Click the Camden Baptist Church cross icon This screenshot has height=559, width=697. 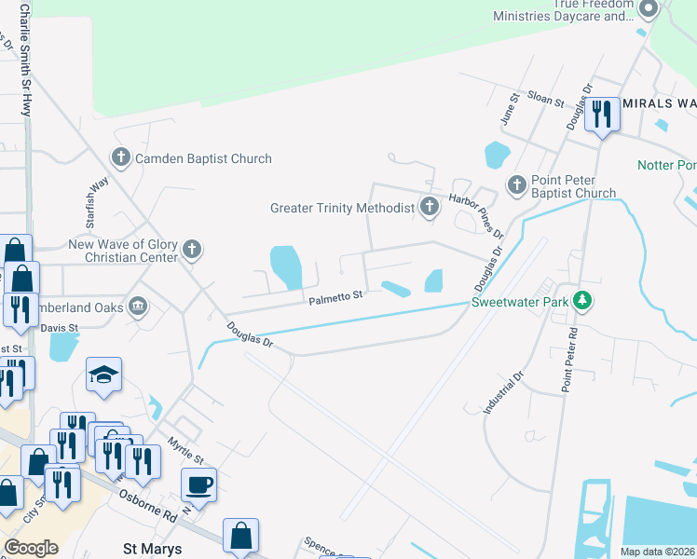click(x=120, y=158)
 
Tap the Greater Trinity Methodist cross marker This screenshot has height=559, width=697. click(x=430, y=208)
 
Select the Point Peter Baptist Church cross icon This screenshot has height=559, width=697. click(x=517, y=185)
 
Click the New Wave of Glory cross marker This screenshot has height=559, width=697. click(x=192, y=249)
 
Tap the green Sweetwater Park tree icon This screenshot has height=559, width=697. click(x=582, y=301)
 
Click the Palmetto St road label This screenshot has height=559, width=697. click(x=335, y=297)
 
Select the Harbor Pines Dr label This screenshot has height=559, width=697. click(x=476, y=215)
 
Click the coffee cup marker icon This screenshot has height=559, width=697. click(x=200, y=485)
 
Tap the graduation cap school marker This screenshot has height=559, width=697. click(x=103, y=374)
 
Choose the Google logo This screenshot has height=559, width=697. click(x=32, y=548)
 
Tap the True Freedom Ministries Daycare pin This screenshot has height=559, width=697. click(x=649, y=9)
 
